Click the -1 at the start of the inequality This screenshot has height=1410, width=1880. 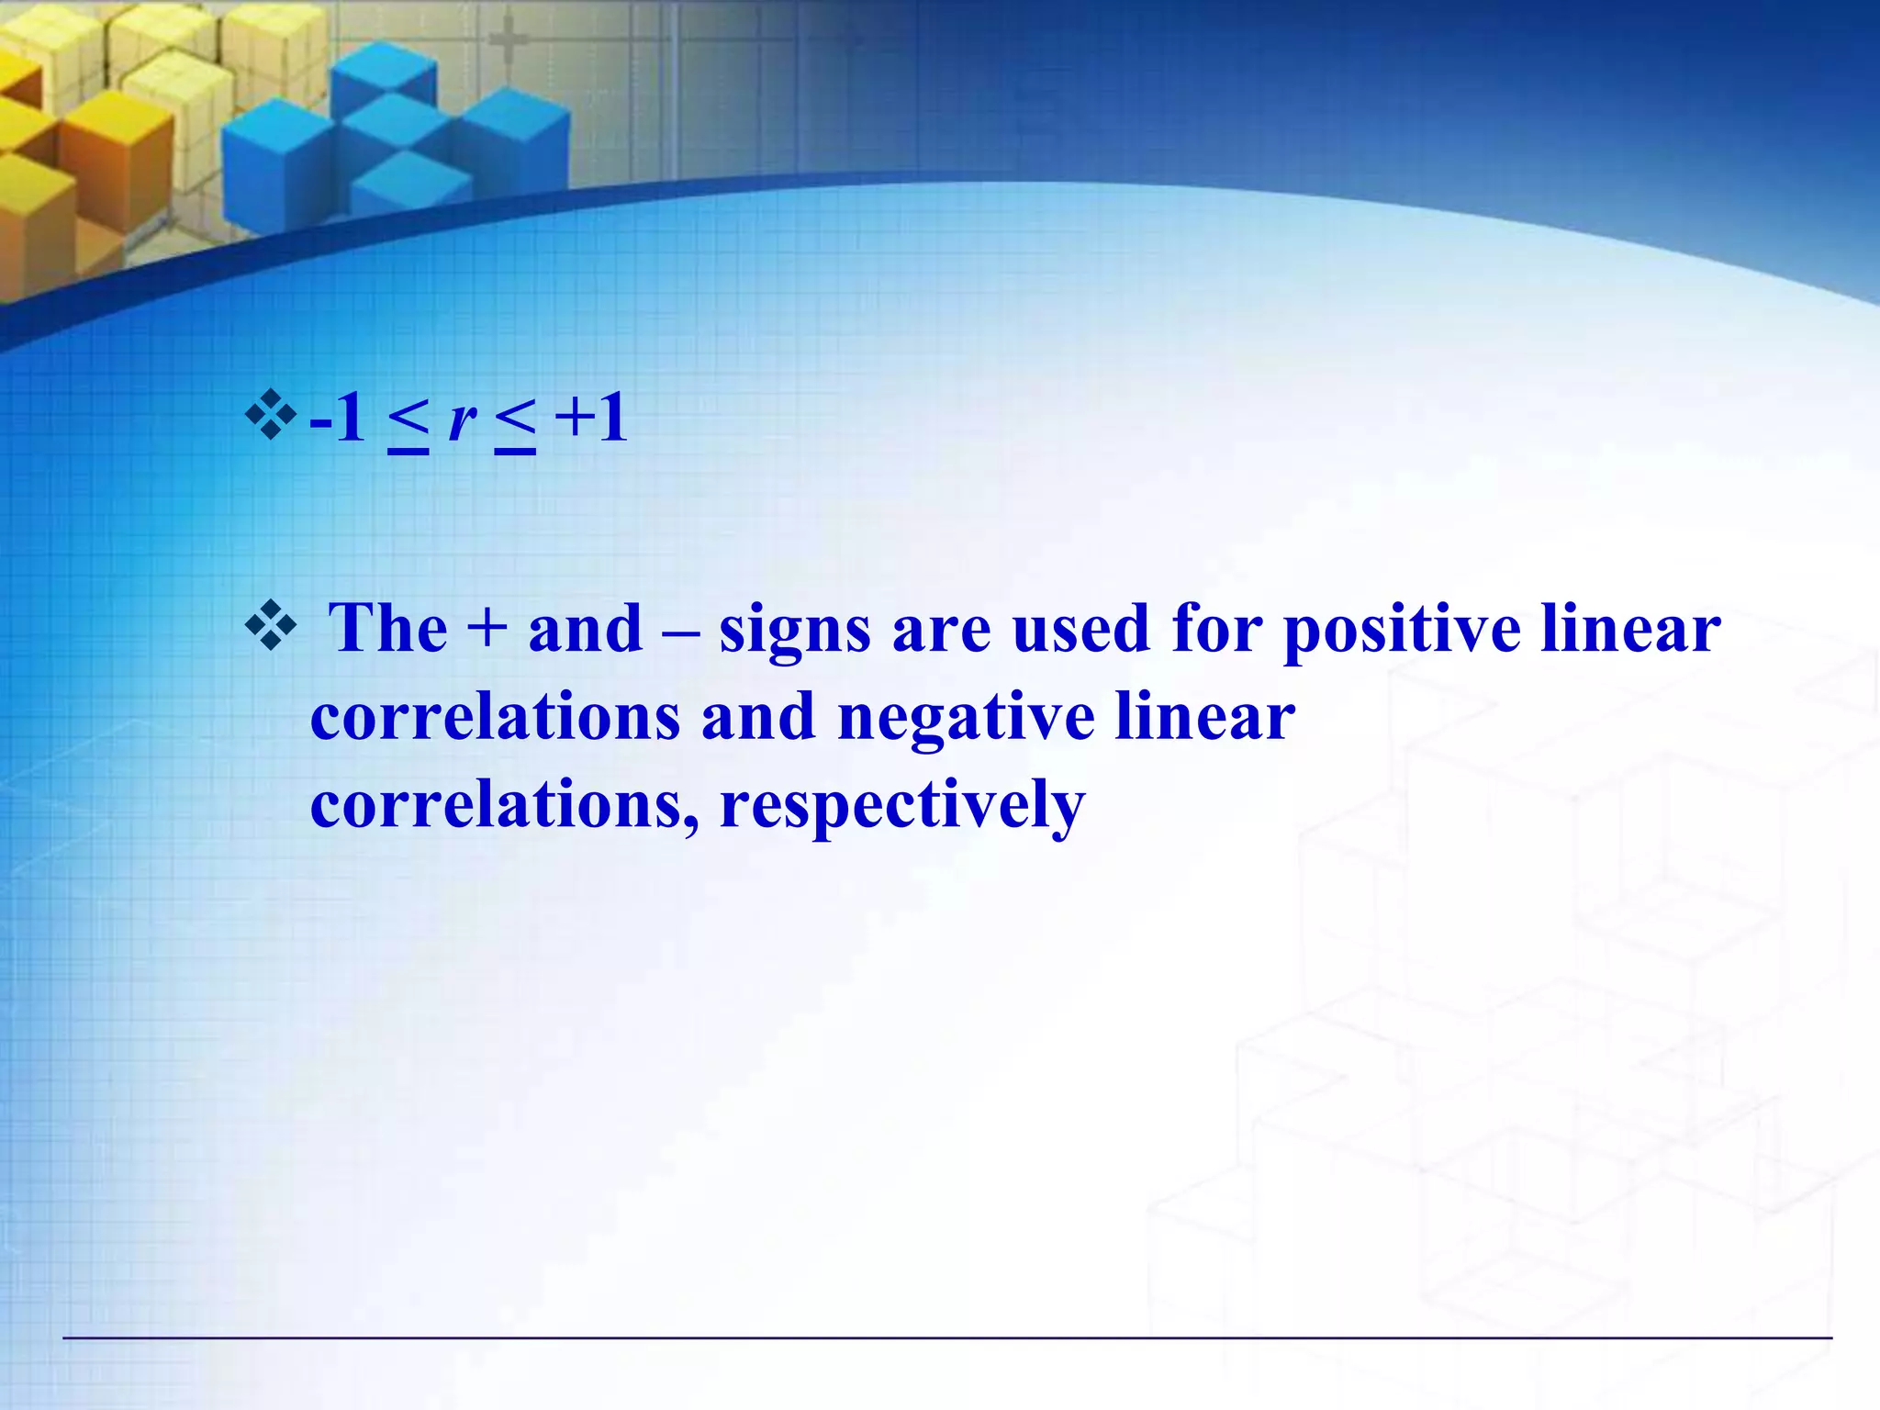(x=338, y=419)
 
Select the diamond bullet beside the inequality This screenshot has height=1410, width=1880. (x=271, y=414)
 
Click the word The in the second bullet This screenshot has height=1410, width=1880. (x=388, y=629)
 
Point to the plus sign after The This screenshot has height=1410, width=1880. (x=487, y=630)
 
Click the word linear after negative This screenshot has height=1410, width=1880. (x=1204, y=717)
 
